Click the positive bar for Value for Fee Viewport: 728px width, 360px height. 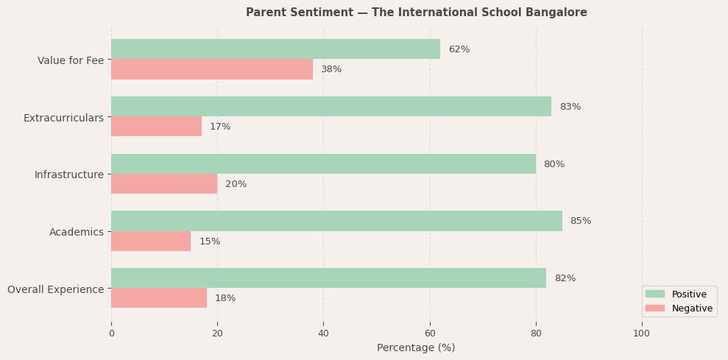point(275,49)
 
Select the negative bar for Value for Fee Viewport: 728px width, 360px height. point(212,69)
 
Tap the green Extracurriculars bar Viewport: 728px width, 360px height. point(331,107)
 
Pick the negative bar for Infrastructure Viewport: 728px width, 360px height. point(164,184)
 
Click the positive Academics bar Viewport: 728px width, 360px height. point(336,221)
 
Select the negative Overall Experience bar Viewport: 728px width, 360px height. point(159,298)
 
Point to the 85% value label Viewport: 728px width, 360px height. point(580,221)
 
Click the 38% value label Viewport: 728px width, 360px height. point(331,69)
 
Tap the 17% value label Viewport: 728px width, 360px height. point(220,127)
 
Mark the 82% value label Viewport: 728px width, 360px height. point(565,278)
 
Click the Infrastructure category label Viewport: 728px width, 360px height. point(69,174)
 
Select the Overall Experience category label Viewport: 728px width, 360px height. point(56,289)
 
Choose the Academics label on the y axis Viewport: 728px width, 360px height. point(77,232)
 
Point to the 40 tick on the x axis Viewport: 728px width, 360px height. point(323,333)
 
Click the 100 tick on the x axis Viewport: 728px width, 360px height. point(642,333)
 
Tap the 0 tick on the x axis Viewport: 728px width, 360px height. point(111,333)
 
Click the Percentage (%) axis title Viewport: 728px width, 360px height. point(416,347)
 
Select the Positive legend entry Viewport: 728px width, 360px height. point(679,294)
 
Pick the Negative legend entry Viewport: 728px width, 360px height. point(679,308)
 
